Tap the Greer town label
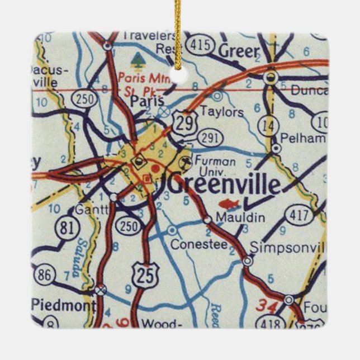[x=239, y=51]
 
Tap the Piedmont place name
[x=64, y=305]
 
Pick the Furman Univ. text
[x=215, y=166]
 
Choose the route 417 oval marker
[x=297, y=214]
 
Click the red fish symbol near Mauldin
[x=228, y=203]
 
